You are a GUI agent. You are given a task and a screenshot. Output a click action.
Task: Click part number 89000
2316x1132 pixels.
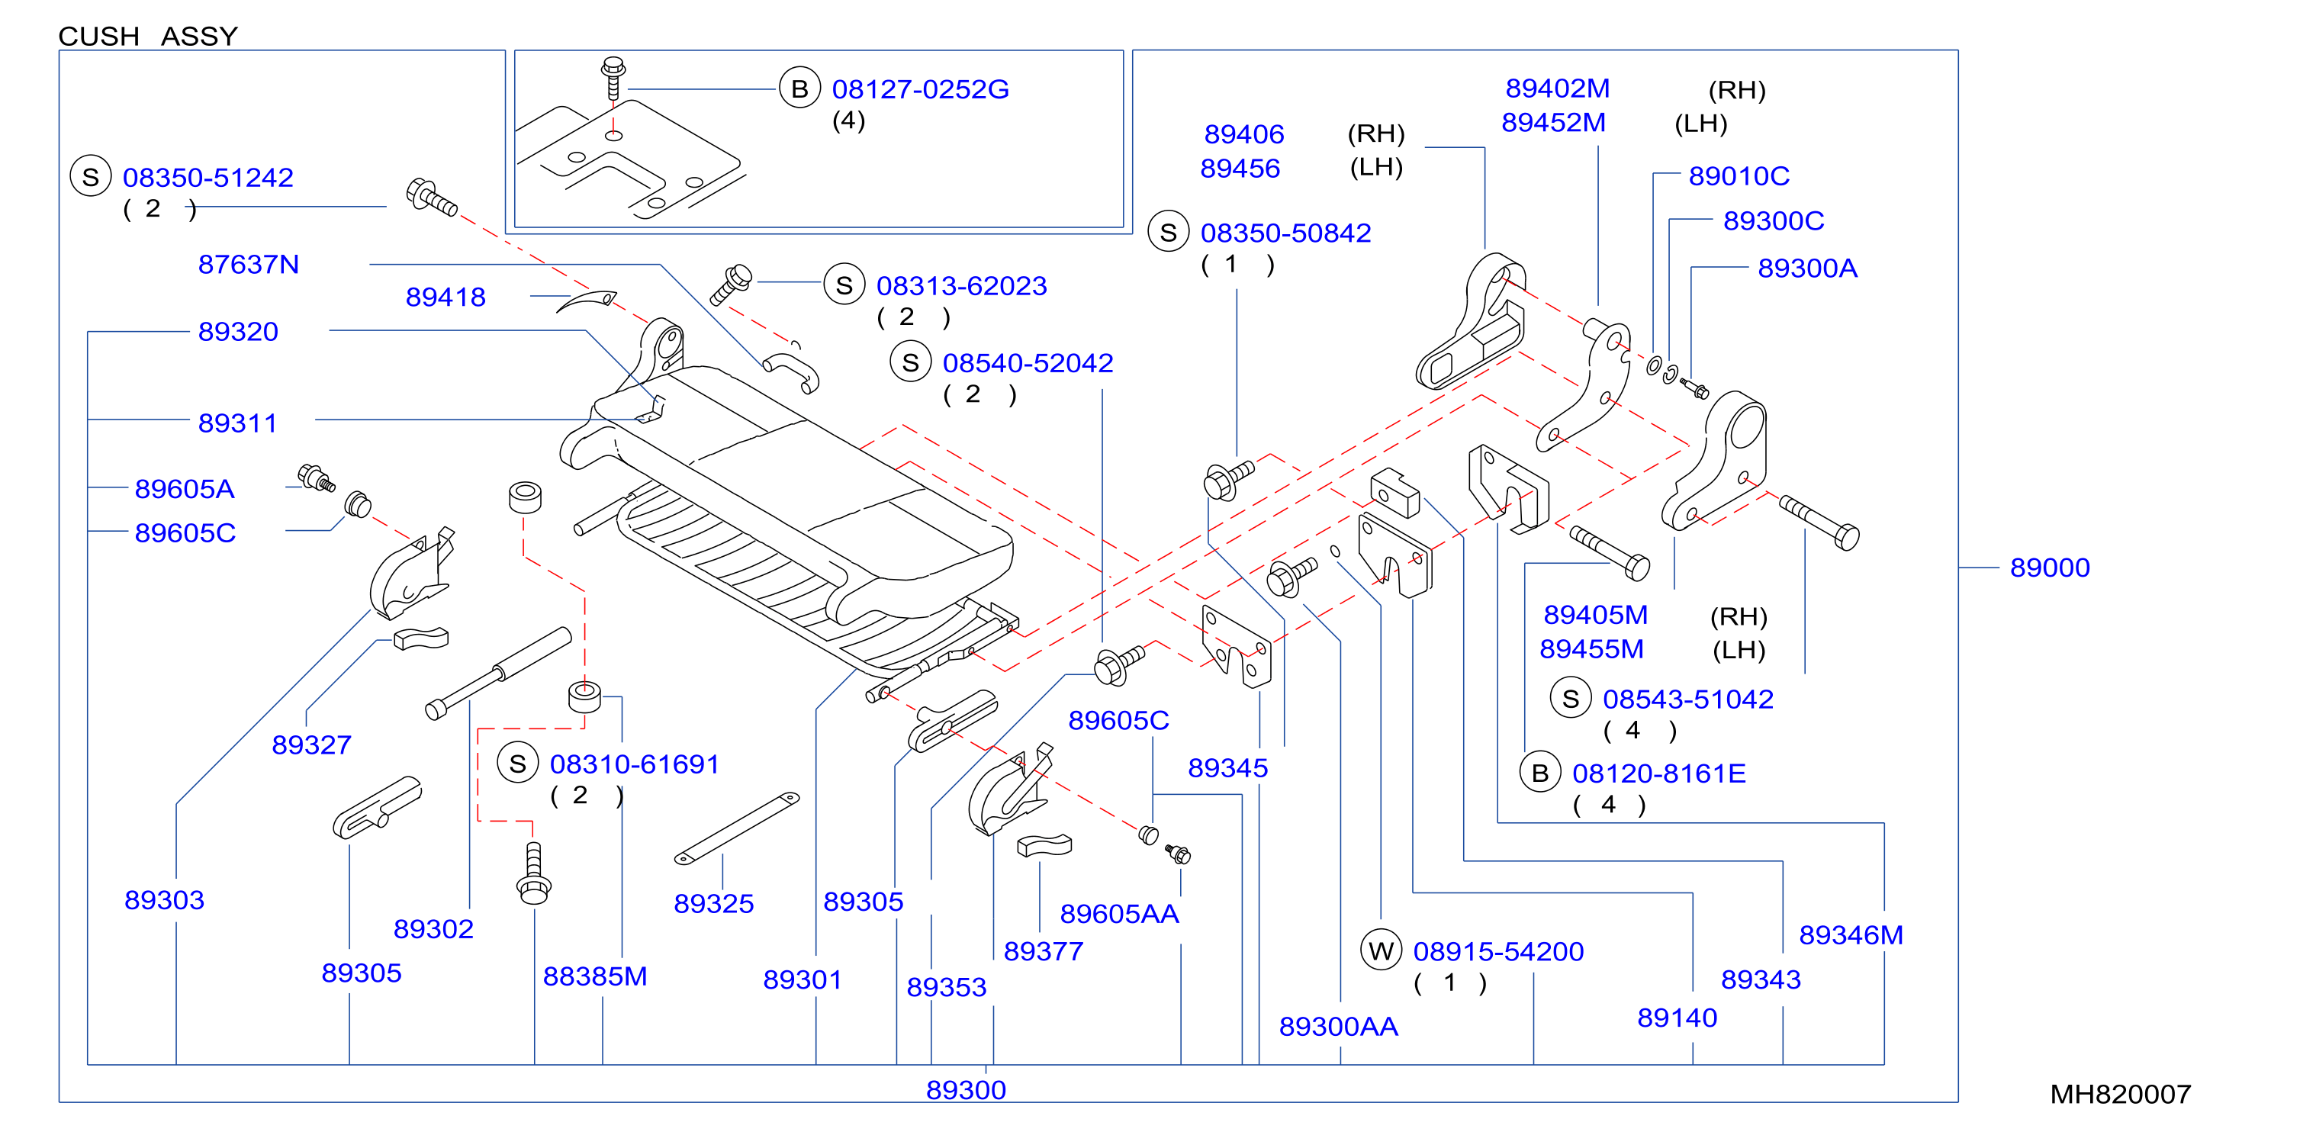[2049, 568]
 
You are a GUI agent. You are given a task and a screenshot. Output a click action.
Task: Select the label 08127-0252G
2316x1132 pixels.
[920, 89]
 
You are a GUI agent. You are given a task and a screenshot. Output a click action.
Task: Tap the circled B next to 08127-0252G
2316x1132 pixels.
[799, 88]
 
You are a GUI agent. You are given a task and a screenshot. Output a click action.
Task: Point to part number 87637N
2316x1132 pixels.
[248, 265]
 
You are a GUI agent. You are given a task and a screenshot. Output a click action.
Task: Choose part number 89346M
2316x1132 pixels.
[1851, 935]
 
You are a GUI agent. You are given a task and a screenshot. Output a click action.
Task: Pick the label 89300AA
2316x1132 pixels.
[1338, 1026]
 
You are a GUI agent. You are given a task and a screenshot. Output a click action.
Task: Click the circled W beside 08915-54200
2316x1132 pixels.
[1381, 950]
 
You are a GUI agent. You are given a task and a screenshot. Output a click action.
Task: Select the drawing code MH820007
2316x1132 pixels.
[2120, 1093]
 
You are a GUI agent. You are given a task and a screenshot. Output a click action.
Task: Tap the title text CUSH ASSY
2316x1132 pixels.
[148, 36]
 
